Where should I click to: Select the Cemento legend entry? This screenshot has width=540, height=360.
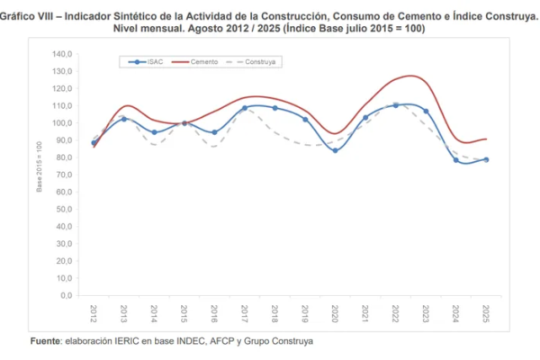click(x=200, y=61)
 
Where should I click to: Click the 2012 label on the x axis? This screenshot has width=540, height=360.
click(x=94, y=312)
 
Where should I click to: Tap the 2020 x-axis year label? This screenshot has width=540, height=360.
click(x=335, y=312)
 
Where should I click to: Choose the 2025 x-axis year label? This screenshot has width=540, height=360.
click(x=486, y=312)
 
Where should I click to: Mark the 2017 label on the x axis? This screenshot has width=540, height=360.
click(x=245, y=312)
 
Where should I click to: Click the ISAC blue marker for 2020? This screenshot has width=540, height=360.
click(x=335, y=150)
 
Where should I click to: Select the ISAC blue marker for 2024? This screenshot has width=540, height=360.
click(x=455, y=160)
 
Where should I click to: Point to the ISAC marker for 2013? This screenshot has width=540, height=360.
click(x=124, y=118)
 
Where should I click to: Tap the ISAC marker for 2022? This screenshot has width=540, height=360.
click(x=395, y=105)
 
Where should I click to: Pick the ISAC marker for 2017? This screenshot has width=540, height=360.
click(x=245, y=108)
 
